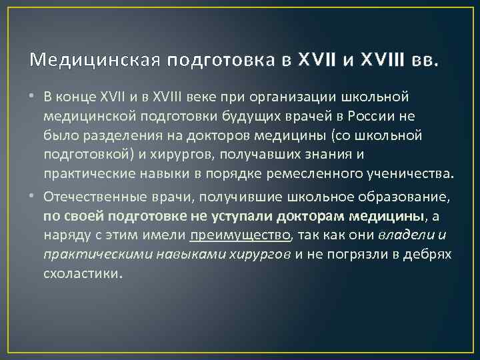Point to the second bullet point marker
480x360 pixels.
33,197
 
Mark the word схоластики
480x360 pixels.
83,273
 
